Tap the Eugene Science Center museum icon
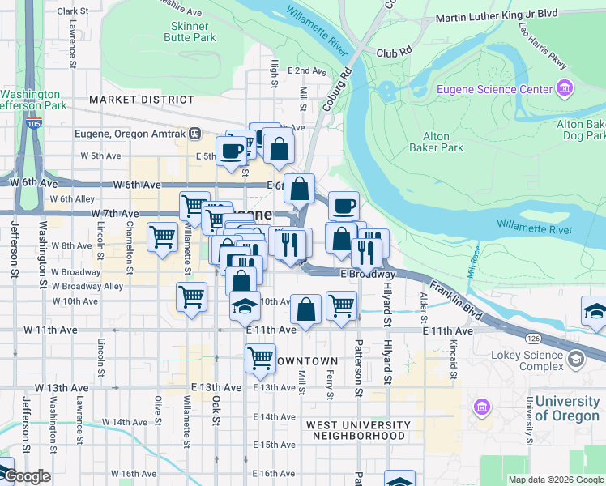coord(565,88)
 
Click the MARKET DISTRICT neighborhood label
coord(142,100)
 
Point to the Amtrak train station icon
coord(194,133)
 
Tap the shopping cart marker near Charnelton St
coord(162,237)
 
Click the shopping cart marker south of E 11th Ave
coord(260,356)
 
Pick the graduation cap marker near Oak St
coord(244,305)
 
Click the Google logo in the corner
coord(26,476)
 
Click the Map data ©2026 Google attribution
coord(555,480)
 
